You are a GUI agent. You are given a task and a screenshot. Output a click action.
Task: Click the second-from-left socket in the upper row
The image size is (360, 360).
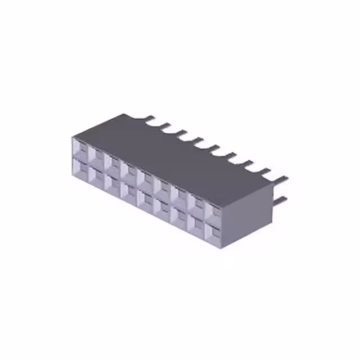pyautogui.click(x=96, y=156)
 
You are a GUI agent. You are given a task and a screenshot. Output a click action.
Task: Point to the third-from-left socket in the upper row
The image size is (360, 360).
pyautogui.click(x=112, y=164)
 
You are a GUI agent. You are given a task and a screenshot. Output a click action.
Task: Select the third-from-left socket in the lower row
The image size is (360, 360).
pyautogui.click(x=112, y=183)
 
